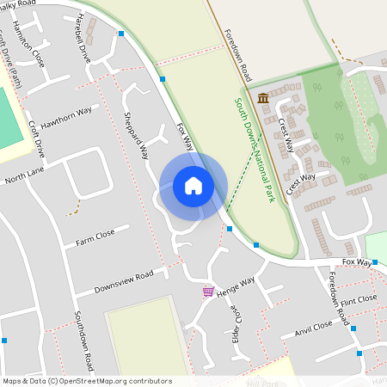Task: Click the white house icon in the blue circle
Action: coord(193,185)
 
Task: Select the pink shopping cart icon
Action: coord(208,292)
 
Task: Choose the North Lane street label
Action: coord(23,176)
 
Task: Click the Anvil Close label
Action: coord(313,327)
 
